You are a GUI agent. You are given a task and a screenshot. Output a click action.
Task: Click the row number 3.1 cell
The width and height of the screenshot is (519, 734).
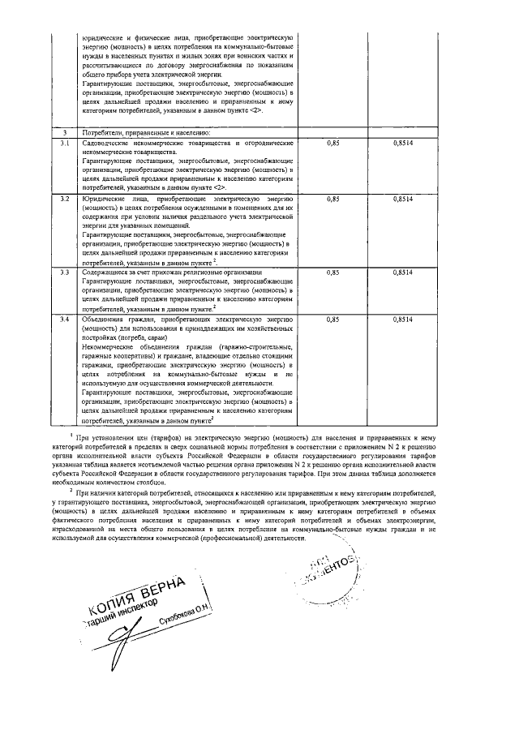pyautogui.click(x=63, y=143)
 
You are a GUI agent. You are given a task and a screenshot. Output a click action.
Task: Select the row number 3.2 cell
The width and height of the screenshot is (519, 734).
pyautogui.click(x=63, y=198)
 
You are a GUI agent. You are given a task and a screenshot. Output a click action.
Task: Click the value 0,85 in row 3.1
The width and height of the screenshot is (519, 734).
pyautogui.click(x=332, y=143)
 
